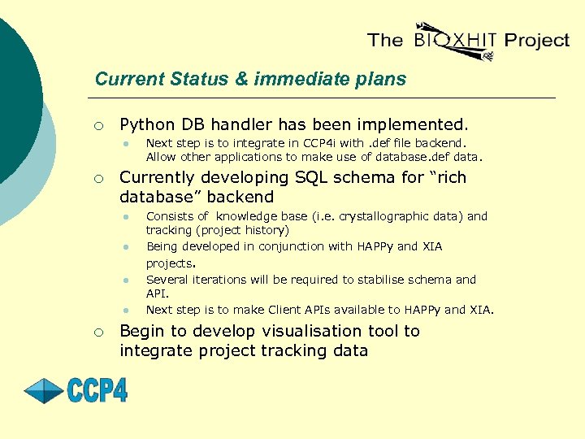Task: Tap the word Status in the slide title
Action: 194,79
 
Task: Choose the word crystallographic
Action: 390,216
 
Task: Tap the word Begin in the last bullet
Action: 142,331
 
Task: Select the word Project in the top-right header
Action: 536,40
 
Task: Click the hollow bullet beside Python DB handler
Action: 97,126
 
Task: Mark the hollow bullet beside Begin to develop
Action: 97,333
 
